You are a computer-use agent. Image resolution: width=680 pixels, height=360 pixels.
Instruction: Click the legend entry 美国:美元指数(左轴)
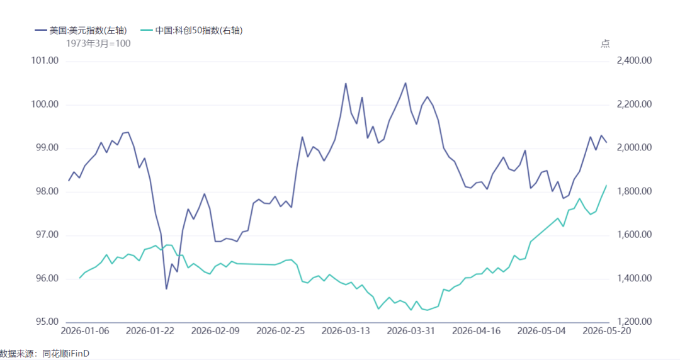point(81,30)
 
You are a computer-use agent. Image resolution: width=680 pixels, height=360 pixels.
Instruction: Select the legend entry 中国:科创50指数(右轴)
point(191,30)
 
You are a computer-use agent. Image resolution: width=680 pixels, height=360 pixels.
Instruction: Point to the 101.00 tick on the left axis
point(45,60)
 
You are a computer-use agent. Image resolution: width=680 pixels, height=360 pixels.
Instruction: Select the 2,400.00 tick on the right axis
point(634,60)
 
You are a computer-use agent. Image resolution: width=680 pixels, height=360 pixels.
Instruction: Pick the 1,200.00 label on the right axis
point(634,322)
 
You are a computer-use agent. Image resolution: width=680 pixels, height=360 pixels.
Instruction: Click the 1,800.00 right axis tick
point(634,191)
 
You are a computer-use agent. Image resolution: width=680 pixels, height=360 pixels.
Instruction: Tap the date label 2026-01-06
point(85,331)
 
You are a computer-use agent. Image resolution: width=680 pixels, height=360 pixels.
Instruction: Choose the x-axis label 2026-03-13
point(346,331)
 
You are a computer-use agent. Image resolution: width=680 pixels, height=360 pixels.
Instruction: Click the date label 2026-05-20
point(607,331)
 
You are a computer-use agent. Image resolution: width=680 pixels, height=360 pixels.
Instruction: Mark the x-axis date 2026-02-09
point(215,331)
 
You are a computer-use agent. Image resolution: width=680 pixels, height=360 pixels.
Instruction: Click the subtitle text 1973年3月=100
point(98,43)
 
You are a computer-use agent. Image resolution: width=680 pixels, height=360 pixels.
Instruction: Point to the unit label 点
point(605,43)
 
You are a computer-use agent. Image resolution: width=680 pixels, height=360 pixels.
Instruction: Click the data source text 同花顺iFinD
point(66,354)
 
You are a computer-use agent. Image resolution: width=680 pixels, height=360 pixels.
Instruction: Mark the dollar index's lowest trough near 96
point(166,289)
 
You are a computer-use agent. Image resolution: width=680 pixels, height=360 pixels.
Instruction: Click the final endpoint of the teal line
point(606,186)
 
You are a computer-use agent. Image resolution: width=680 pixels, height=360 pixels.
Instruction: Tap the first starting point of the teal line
point(80,278)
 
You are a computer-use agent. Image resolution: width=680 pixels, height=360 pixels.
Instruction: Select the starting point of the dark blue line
point(69,181)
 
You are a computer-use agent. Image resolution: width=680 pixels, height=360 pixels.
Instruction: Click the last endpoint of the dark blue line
point(606,142)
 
